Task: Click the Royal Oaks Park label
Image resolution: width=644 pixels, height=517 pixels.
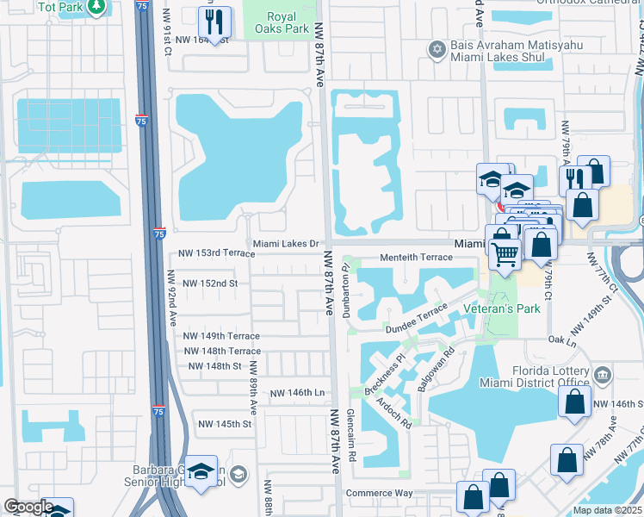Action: (283, 22)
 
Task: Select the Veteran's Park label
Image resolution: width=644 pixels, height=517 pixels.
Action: (514, 308)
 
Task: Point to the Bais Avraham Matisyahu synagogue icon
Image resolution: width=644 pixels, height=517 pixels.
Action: (437, 49)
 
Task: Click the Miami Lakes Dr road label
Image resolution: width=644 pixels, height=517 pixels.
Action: (285, 244)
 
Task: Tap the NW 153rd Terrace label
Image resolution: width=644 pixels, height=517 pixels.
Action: (215, 254)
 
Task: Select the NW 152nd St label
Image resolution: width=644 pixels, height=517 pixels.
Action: (207, 283)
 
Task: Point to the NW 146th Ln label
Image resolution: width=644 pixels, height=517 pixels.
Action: (297, 393)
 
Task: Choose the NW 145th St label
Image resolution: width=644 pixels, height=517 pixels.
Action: (225, 424)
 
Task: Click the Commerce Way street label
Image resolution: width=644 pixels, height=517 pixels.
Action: (380, 494)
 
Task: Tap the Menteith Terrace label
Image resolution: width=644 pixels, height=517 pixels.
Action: (417, 258)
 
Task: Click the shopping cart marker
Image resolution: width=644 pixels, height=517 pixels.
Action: (505, 252)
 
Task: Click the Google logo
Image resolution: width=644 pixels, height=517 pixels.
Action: (28, 507)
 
